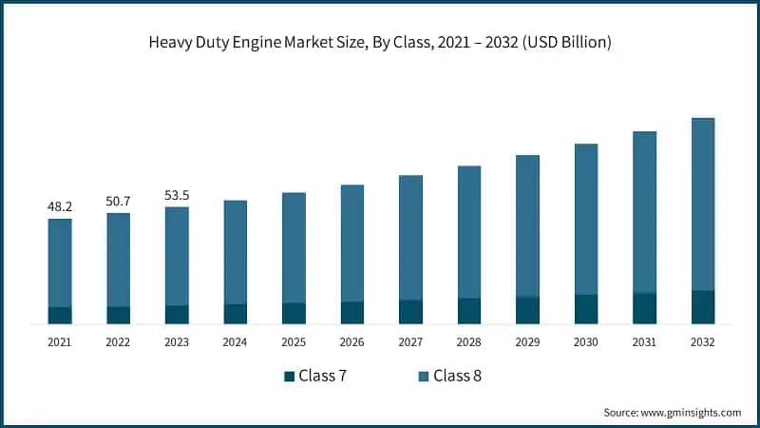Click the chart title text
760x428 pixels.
[x=380, y=42]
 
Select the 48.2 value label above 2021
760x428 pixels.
[x=60, y=205]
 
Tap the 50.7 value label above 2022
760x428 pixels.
[x=119, y=200]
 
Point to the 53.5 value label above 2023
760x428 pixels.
[x=177, y=194]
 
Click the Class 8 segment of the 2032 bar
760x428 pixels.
[x=703, y=204]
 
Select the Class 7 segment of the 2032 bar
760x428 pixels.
[x=703, y=307]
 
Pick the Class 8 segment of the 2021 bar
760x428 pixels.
[x=60, y=263]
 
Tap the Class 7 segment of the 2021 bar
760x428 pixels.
[x=60, y=316]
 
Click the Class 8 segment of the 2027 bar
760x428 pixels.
[x=410, y=238]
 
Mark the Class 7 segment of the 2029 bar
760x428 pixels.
[x=527, y=310]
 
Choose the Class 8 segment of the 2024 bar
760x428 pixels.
[x=236, y=252]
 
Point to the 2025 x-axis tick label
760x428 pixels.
[x=294, y=341]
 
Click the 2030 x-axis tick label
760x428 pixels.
[x=586, y=341]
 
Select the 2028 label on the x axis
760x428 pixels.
[x=469, y=341]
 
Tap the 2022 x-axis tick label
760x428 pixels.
[x=119, y=341]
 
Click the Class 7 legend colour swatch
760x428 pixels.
[x=289, y=377]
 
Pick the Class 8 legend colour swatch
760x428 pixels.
[x=424, y=377]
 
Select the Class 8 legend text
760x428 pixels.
[x=458, y=376]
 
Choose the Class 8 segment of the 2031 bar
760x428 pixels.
[x=645, y=212]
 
